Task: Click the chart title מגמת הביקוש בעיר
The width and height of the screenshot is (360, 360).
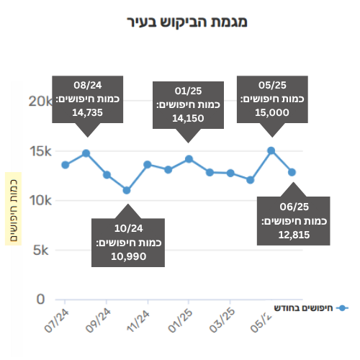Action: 187,22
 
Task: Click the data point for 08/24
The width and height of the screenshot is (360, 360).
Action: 86,153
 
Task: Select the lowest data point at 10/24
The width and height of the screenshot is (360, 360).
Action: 127,190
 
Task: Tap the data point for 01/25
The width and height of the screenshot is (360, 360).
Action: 189,159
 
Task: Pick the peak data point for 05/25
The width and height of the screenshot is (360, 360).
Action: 271,150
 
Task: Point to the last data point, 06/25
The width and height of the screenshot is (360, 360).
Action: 292,172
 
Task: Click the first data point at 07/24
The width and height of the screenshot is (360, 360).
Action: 66,165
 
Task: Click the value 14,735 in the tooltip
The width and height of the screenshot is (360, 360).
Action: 88,112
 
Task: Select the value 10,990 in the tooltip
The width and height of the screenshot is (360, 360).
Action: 129,256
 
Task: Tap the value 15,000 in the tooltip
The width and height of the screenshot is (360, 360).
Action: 272,112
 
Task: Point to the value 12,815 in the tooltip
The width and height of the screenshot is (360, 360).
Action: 294,235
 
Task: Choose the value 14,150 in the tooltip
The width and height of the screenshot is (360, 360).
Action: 188,118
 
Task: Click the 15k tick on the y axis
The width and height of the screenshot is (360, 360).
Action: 40,151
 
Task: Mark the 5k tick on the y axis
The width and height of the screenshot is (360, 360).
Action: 40,251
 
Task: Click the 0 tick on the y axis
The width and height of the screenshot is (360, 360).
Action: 40,300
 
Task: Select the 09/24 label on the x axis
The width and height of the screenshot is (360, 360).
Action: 98,320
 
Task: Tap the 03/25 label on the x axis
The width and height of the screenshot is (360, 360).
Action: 222,320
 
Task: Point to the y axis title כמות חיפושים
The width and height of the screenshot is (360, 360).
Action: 14,209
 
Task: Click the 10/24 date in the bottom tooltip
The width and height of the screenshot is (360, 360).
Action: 129,228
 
